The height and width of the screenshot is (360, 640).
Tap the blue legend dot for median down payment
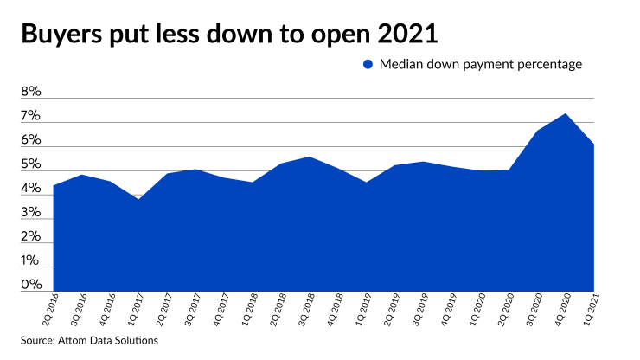[x=368, y=64]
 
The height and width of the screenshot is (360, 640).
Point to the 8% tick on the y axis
[x=31, y=92]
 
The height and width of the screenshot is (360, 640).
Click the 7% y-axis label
[x=31, y=116]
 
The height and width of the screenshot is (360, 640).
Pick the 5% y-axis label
[x=31, y=164]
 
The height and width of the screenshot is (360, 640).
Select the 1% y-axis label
[x=31, y=260]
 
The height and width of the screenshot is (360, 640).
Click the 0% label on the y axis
[x=31, y=285]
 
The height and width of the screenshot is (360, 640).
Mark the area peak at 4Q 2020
[x=566, y=114]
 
